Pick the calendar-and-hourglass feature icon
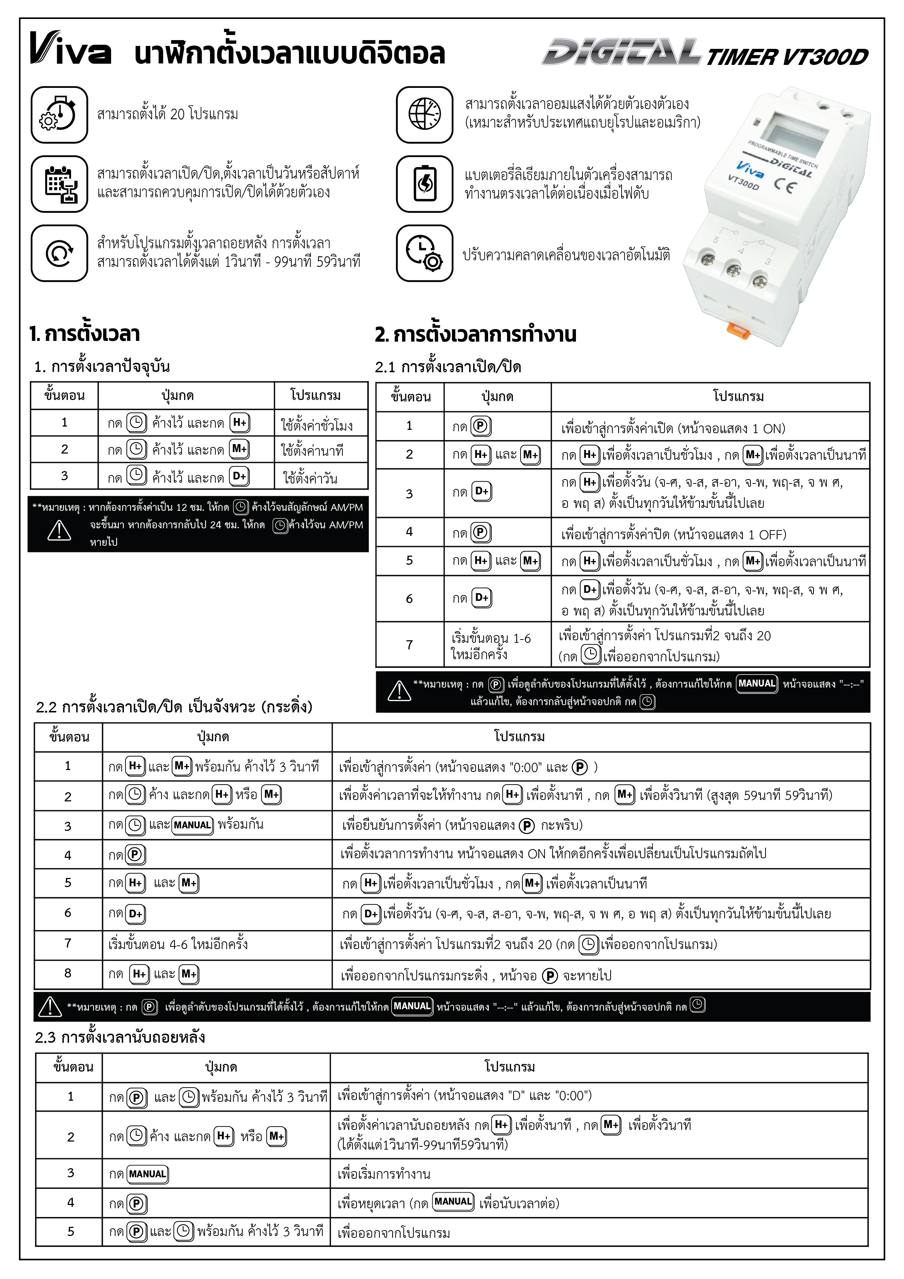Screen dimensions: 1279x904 (59, 184)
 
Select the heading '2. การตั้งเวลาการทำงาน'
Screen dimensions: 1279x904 (476, 335)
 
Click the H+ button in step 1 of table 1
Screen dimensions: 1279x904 (239, 423)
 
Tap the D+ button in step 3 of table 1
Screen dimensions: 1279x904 (239, 476)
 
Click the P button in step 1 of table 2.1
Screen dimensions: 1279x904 (480, 427)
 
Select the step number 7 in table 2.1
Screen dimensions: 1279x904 (409, 645)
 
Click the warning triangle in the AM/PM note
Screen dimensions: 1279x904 (59, 530)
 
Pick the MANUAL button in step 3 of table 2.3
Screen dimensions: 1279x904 (148, 1174)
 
